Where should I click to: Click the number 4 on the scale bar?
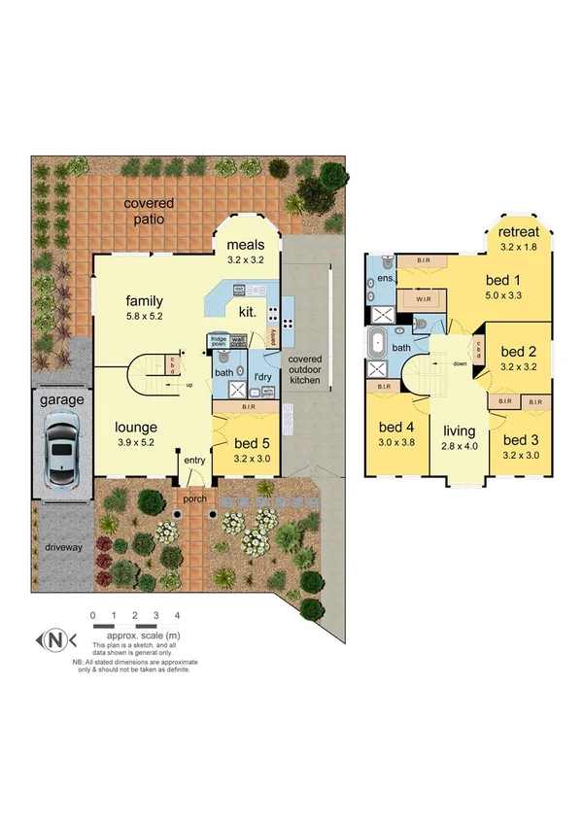coord(177,616)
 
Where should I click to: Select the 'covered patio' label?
coord(149,211)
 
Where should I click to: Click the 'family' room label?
coord(144,300)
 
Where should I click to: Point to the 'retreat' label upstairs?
coord(519,232)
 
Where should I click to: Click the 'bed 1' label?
coord(504,280)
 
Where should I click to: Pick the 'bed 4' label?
coord(396,427)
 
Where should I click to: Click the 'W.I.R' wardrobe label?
coord(423,299)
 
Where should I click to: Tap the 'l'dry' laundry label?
coord(262,376)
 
